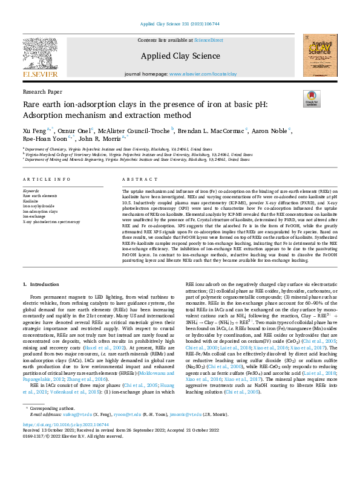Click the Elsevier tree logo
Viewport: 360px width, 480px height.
coord(40,56)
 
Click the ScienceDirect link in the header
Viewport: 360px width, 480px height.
coord(208,40)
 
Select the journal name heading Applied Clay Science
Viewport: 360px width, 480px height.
coord(180,56)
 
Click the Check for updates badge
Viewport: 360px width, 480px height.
coord(312,99)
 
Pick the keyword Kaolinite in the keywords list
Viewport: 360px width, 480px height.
coord(31,199)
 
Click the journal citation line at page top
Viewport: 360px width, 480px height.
coord(180,24)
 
